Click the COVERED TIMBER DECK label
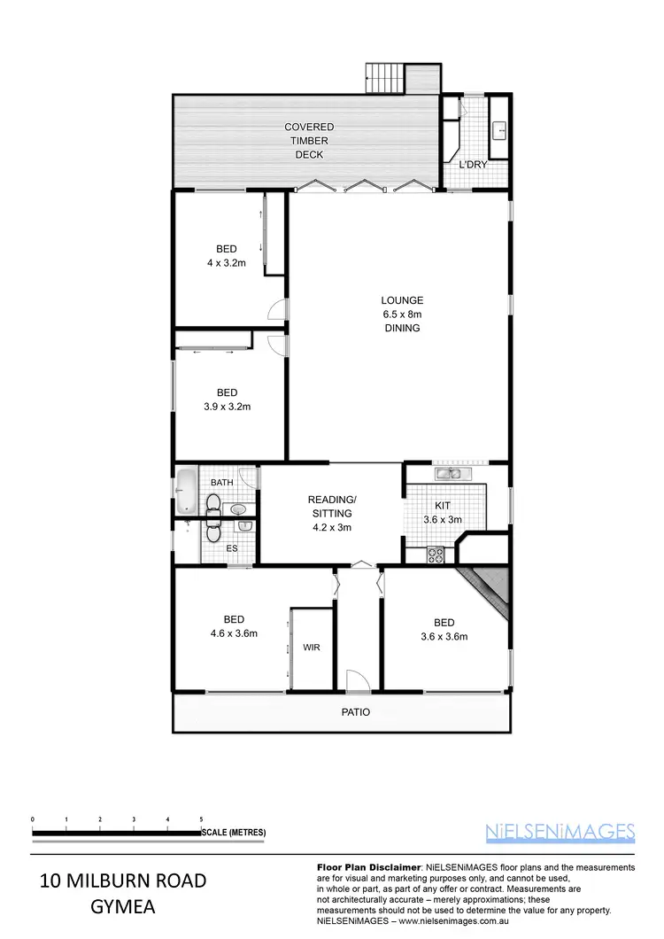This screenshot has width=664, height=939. [309, 141]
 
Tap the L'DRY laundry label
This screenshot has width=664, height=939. [473, 165]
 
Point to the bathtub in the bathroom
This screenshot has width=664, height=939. [187, 493]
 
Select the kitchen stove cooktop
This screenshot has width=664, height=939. [436, 555]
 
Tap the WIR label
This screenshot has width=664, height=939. [311, 648]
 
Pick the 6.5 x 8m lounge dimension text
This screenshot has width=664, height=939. [402, 314]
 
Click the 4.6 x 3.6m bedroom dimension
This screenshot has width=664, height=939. [234, 633]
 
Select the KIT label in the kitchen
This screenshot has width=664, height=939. [442, 504]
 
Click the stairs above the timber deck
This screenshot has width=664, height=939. [384, 77]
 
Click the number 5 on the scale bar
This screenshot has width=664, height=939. [202, 819]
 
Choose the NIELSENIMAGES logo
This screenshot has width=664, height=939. [560, 832]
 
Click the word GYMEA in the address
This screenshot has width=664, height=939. [123, 907]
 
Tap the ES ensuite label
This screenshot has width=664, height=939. [232, 548]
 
